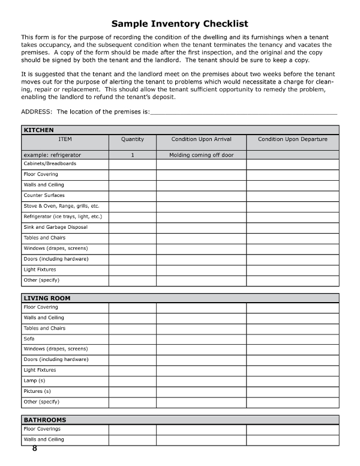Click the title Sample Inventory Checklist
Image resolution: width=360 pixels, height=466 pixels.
[x=180, y=24]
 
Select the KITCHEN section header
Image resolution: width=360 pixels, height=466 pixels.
[x=38, y=130]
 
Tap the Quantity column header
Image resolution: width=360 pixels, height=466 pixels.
[x=132, y=139]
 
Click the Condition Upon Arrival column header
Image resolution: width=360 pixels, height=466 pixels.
[x=201, y=139]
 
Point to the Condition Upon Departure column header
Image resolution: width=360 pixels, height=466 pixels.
[x=292, y=139]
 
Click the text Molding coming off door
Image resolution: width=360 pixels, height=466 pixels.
[x=201, y=155]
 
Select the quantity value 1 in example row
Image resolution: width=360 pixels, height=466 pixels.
[x=132, y=155]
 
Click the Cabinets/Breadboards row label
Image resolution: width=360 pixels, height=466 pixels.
[x=50, y=163]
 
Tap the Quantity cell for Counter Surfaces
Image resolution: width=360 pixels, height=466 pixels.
[x=132, y=195]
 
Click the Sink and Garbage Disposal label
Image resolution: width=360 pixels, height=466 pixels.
[x=55, y=227]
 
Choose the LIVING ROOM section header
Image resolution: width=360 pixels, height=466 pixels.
[x=47, y=298]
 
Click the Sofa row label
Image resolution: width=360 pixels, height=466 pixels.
[x=29, y=339]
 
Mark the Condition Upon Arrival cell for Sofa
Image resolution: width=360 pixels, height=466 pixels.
[x=201, y=339]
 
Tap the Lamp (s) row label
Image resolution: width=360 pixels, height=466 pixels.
[x=34, y=381]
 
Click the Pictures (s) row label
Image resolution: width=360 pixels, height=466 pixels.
[x=37, y=391]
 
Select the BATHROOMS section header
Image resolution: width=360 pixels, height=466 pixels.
[x=45, y=420]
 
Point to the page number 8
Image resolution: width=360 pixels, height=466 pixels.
[x=35, y=449]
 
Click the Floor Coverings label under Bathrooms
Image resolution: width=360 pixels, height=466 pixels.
[x=42, y=429]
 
